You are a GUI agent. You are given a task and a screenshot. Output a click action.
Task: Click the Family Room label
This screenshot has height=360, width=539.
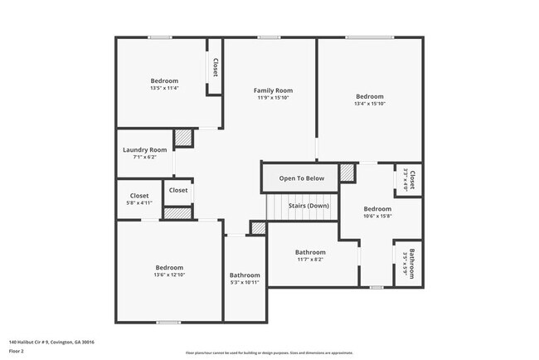click(273, 90)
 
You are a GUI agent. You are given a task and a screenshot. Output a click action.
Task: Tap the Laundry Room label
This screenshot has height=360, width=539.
click(145, 149)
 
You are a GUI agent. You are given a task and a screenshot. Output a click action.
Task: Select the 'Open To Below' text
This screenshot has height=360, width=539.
click(301, 178)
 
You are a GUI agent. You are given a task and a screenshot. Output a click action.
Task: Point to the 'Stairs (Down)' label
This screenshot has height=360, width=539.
click(308, 205)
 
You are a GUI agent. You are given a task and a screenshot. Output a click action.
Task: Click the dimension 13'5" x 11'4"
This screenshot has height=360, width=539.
click(164, 88)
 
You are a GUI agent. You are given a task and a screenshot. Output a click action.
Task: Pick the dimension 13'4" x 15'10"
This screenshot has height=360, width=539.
click(370, 104)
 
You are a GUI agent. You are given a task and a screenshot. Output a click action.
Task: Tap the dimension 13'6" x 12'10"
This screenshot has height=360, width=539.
click(169, 275)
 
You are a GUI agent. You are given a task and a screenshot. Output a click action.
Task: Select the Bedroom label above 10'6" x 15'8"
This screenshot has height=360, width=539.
click(377, 208)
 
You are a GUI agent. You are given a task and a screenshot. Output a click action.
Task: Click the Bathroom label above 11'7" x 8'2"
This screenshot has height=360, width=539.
click(311, 252)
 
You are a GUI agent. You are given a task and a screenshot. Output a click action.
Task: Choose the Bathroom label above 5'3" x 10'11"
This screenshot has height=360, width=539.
click(245, 275)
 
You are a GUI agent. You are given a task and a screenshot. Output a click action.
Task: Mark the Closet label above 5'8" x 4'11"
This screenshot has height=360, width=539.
click(139, 196)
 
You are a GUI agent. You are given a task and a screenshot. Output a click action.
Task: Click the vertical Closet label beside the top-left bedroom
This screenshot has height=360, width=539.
click(215, 67)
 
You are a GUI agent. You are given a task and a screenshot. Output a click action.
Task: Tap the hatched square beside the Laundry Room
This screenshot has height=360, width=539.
click(183, 138)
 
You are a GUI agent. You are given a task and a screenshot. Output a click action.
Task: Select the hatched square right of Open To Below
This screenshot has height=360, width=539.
click(347, 173)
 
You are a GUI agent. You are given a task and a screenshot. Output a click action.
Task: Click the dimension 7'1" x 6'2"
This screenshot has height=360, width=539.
click(145, 157)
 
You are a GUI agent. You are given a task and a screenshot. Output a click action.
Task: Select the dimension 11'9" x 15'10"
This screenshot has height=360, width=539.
click(273, 98)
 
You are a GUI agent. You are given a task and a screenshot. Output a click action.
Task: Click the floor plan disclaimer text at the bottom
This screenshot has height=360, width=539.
click(269, 353)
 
